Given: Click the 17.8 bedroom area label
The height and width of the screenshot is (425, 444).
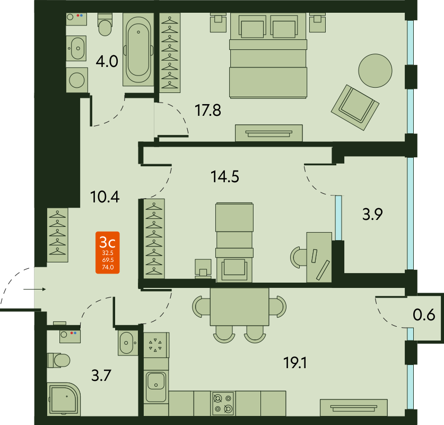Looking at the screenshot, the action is coord(208,110).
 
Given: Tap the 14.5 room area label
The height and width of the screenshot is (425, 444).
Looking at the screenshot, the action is coord(225,176).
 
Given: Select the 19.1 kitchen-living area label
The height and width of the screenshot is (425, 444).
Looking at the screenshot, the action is coord(295,363).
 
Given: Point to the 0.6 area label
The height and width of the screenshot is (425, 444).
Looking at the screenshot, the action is coord(424,314).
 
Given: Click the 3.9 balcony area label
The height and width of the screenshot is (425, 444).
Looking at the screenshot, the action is coord(372,214).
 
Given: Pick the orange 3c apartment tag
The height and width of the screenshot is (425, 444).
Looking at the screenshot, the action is coord(108,253).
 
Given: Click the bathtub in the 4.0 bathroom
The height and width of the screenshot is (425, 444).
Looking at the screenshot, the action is coord(138,49).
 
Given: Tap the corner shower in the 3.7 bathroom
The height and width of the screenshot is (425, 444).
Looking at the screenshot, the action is coord(64,399).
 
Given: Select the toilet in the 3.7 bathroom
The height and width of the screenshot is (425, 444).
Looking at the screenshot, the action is coord(58,360).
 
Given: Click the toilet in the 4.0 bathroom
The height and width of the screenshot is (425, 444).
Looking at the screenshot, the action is coord(105,24).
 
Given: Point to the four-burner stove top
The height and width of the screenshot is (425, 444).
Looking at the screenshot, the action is coord(223,403).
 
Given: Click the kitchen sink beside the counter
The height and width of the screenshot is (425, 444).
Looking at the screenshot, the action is coord(156,387).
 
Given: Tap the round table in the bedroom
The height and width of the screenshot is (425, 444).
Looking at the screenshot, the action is coord(375,71).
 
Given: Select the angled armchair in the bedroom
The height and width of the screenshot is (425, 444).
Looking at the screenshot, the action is coord(355,107).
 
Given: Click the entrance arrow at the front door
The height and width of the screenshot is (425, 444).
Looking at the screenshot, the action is coord(34,289).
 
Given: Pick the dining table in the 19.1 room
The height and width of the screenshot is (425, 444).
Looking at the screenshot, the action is coord(240,307).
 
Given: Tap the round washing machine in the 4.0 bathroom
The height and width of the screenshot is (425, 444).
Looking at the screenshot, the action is coord(77,80).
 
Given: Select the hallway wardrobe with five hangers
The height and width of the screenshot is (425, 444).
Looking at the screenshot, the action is coord(57,235).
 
